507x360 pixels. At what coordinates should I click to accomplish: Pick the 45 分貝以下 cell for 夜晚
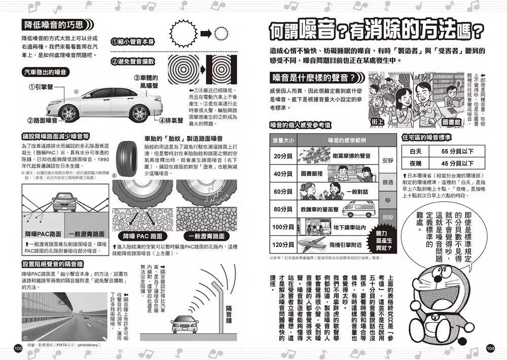point(457,163)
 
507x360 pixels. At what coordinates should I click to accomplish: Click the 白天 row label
point(415,151)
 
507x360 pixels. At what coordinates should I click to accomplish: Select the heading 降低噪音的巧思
point(54,25)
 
